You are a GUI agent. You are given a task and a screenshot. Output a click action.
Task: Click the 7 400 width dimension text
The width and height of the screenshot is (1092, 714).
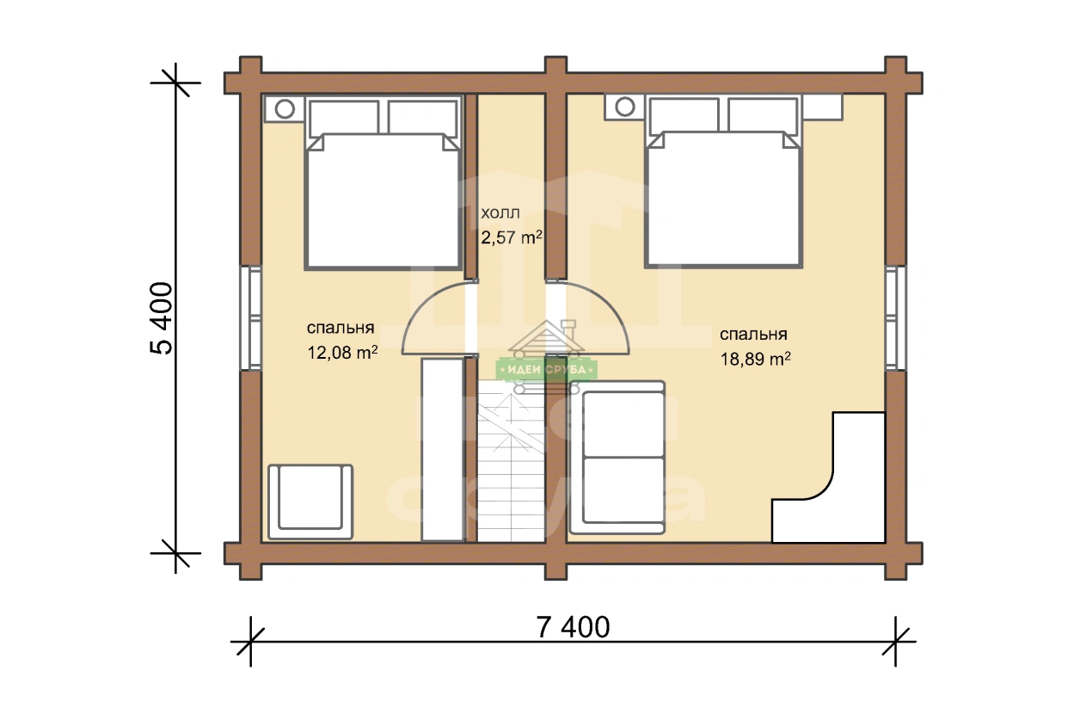click(x=573, y=627)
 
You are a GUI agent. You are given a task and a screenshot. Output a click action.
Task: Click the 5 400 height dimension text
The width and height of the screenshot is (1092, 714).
click(x=162, y=318)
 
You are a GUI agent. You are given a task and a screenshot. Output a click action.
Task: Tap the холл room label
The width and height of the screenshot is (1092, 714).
click(x=500, y=213)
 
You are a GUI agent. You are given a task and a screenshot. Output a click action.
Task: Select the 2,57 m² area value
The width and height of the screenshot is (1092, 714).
click(x=512, y=237)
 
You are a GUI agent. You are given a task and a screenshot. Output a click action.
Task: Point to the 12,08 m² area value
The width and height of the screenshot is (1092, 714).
click(x=342, y=352)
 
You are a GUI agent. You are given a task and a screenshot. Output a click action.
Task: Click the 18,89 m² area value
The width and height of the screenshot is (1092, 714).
click(x=755, y=359)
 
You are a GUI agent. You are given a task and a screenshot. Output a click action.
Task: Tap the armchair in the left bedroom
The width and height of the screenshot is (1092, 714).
click(x=310, y=502)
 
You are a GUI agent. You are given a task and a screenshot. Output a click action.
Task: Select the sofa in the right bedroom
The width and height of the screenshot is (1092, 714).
click(x=617, y=458)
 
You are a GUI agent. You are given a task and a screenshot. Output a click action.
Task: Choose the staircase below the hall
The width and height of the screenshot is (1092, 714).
click(x=511, y=461)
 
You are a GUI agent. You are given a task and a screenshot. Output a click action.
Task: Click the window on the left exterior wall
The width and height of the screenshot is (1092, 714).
click(x=251, y=317)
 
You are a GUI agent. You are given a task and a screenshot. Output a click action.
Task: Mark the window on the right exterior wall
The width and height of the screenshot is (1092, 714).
click(x=896, y=317)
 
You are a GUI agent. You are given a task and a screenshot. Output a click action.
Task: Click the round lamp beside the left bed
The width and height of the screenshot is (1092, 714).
click(x=285, y=108)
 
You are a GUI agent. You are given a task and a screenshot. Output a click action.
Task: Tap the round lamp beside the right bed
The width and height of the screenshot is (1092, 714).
click(x=625, y=107)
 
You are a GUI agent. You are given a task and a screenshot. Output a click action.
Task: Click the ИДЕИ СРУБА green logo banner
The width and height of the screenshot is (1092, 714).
click(x=547, y=370)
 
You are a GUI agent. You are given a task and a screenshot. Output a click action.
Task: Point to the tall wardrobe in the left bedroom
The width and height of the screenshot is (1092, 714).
click(x=443, y=450)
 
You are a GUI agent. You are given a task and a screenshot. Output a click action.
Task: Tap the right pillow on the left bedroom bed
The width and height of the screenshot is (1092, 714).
click(x=423, y=118)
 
